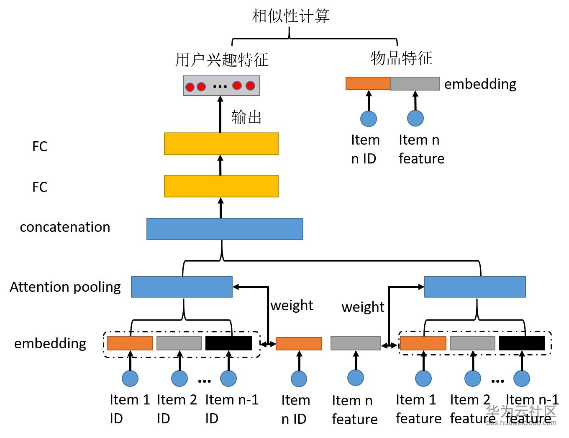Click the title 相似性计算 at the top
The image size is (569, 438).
290,16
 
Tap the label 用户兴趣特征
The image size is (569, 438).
222,60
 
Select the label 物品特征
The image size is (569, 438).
401,58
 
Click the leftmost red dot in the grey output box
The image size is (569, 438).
190,87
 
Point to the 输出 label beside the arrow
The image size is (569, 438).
246,117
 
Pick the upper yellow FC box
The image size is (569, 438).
221,144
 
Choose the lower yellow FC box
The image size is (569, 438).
221,186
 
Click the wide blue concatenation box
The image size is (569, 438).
225,229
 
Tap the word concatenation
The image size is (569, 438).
65,227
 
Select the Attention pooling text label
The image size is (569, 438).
65,287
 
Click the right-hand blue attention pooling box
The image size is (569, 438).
475,287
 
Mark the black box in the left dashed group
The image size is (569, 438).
228,343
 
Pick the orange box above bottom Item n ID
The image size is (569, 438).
299,344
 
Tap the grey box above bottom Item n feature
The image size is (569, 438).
355,343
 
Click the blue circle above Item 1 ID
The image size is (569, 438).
130,378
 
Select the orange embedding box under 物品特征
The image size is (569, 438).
368,83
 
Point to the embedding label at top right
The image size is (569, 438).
480,84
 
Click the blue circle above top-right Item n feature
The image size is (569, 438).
415,118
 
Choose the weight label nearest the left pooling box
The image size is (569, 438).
292,306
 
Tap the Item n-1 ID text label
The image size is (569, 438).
232,409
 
